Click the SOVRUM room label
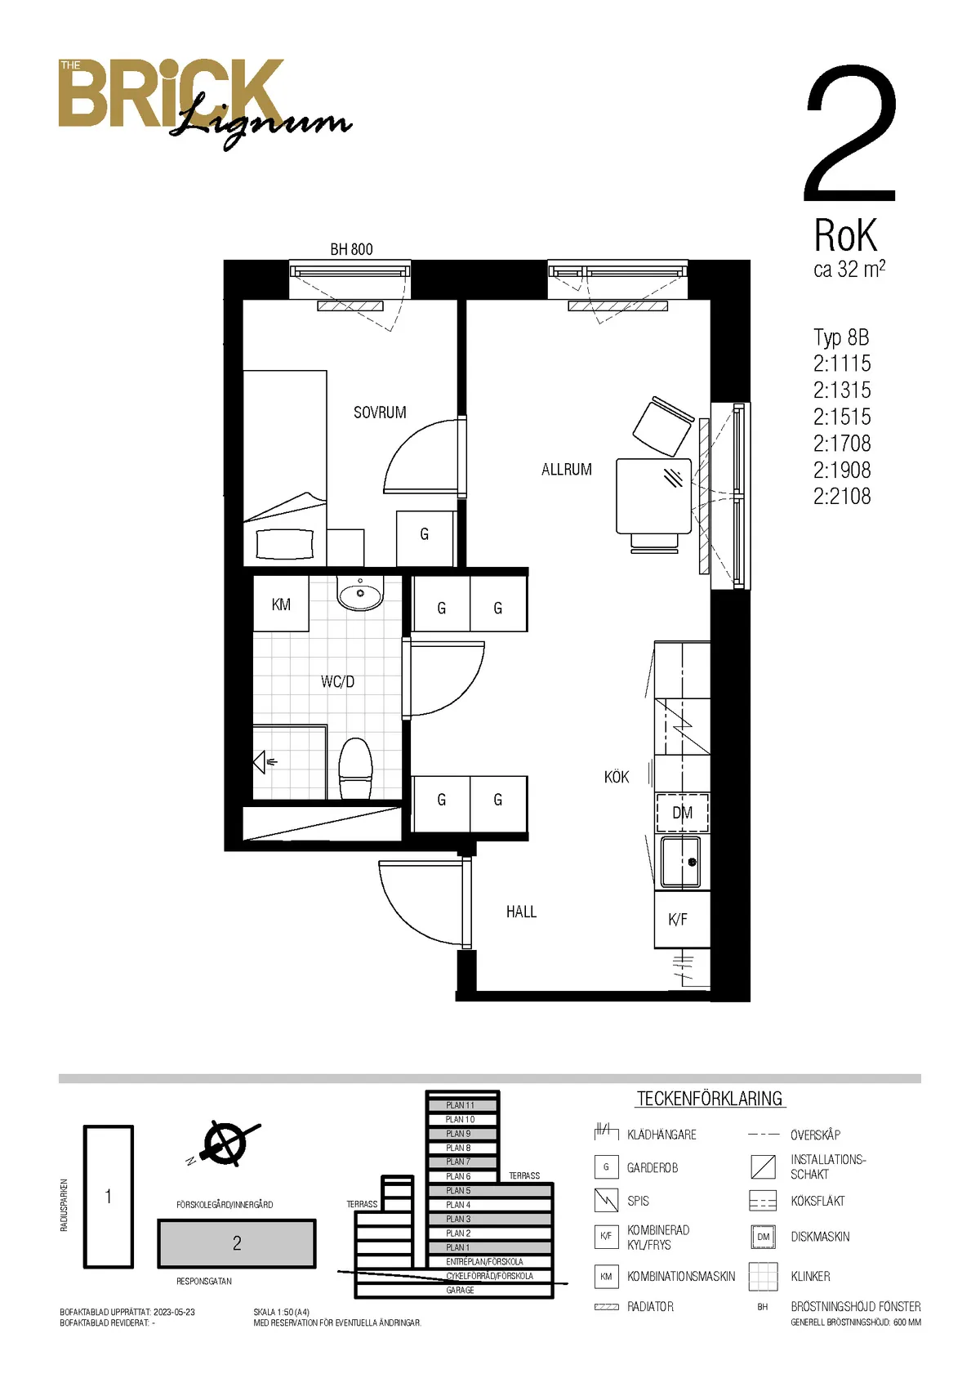tap(380, 413)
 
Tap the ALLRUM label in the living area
tap(567, 470)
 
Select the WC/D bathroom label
tap(337, 682)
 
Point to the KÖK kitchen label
tap(617, 777)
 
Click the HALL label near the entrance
tap(521, 912)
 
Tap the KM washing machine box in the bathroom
tap(281, 604)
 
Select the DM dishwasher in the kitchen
tap(682, 813)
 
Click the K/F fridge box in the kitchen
tap(682, 919)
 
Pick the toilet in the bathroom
tap(355, 768)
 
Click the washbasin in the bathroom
tap(360, 593)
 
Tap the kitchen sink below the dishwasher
tap(681, 862)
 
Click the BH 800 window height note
tap(352, 249)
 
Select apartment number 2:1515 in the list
tap(842, 417)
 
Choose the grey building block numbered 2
tap(237, 1243)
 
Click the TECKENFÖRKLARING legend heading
tap(710, 1099)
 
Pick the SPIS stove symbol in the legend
tap(606, 1201)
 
